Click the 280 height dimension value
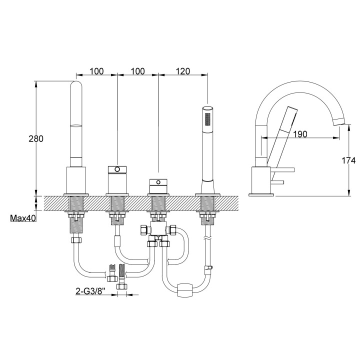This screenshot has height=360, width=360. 36,138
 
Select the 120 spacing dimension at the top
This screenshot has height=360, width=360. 183,71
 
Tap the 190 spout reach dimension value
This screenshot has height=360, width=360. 300,134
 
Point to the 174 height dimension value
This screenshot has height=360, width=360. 348,160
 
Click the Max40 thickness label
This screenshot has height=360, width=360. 23,218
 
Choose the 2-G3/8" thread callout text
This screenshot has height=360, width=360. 90,291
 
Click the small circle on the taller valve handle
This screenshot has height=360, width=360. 117,169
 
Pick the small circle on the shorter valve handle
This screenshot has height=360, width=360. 158,182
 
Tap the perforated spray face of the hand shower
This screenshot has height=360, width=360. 208,119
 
